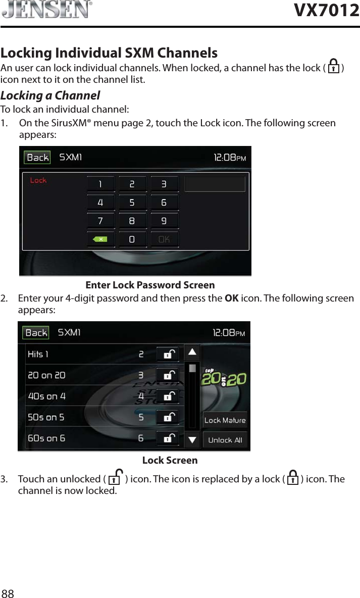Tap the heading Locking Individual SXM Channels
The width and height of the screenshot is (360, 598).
pyautogui.click(x=109, y=53)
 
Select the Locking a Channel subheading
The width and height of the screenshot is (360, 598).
pyautogui.click(x=50, y=95)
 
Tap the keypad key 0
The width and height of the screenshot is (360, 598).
pyautogui.click(x=132, y=239)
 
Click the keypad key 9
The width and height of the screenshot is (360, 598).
pyautogui.click(x=164, y=221)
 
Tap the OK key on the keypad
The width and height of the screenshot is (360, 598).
pyautogui.click(x=164, y=239)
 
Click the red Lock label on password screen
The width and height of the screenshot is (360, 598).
pyautogui.click(x=38, y=180)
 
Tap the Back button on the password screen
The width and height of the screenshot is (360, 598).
pyautogui.click(x=37, y=158)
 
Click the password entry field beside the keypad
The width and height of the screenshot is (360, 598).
pyautogui.click(x=215, y=184)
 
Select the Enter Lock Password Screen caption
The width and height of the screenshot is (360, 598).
pyautogui.click(x=150, y=285)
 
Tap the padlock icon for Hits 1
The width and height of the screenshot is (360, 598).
pyautogui.click(x=167, y=355)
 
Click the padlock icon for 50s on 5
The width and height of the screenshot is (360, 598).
pyautogui.click(x=167, y=417)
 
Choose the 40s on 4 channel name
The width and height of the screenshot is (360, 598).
pyautogui.click(x=47, y=396)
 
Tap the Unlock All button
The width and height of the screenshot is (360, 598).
pyautogui.click(x=225, y=440)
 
